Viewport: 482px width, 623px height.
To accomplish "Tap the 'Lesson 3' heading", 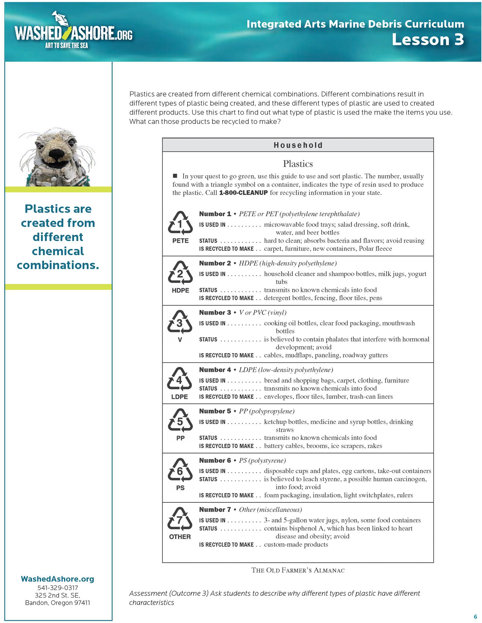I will click(427, 40).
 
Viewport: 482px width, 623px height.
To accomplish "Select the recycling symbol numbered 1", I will click(180, 223).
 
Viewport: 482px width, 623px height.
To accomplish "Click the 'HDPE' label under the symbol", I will click(180, 290).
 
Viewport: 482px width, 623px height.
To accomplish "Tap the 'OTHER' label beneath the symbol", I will click(180, 537).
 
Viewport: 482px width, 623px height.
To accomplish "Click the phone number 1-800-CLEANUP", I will click(243, 193).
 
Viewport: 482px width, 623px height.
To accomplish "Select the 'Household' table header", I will click(298, 145).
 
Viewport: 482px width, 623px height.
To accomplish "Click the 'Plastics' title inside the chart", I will click(298, 164).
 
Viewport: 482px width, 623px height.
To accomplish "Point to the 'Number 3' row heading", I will click(215, 312).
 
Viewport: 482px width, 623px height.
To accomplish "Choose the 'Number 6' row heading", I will click(215, 460).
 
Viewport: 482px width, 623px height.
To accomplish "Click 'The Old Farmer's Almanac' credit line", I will click(298, 570).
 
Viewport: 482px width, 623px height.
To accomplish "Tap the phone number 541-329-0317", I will click(58, 588).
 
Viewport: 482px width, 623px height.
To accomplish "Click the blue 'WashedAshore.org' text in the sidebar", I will click(58, 579).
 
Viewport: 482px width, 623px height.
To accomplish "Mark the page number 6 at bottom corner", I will click(475, 617).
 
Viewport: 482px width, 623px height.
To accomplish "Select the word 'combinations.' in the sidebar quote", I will click(58, 265).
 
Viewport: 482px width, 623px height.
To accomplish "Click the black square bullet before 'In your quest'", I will click(175, 176).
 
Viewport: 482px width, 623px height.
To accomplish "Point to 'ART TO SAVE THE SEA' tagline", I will click(66, 46).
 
